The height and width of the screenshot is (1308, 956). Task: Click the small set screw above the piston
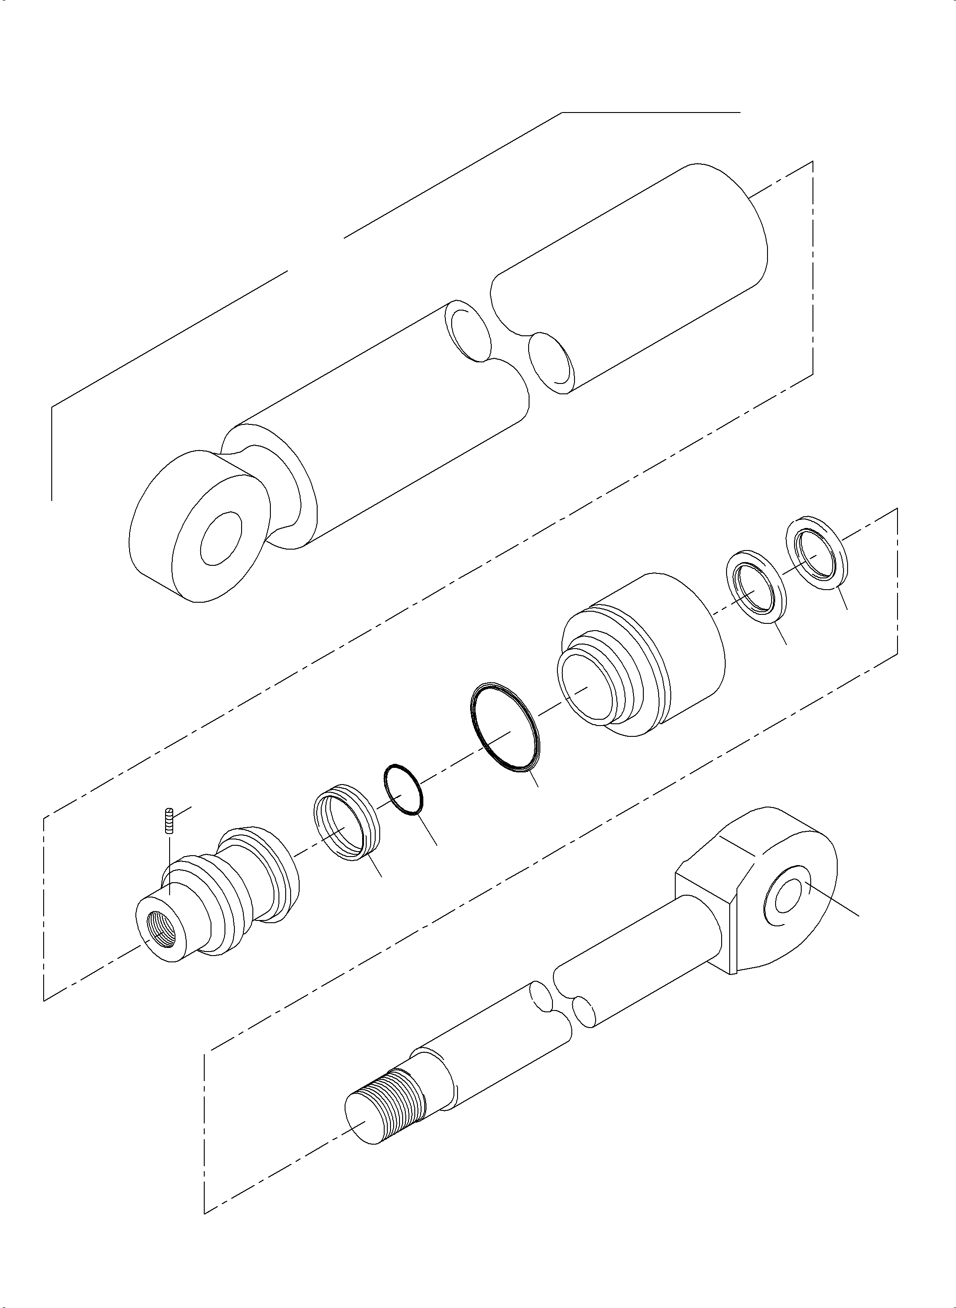[x=170, y=820]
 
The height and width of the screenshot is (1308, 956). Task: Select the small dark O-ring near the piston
[x=404, y=789]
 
